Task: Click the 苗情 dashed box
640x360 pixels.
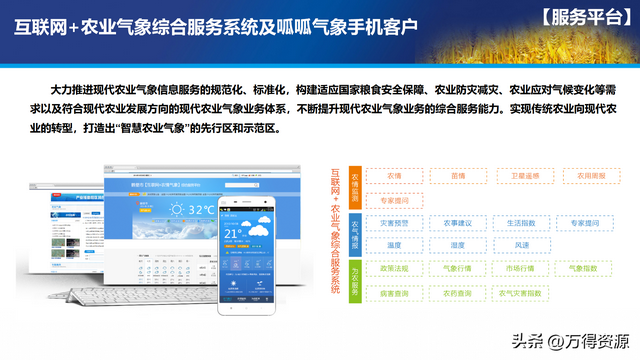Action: click(458, 176)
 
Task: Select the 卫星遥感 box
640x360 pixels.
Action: click(523, 176)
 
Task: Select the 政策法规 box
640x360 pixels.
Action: click(392, 269)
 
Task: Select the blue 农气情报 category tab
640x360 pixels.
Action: click(354, 232)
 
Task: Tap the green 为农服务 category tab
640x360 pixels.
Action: click(354, 281)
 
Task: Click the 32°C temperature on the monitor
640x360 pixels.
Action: click(199, 209)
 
